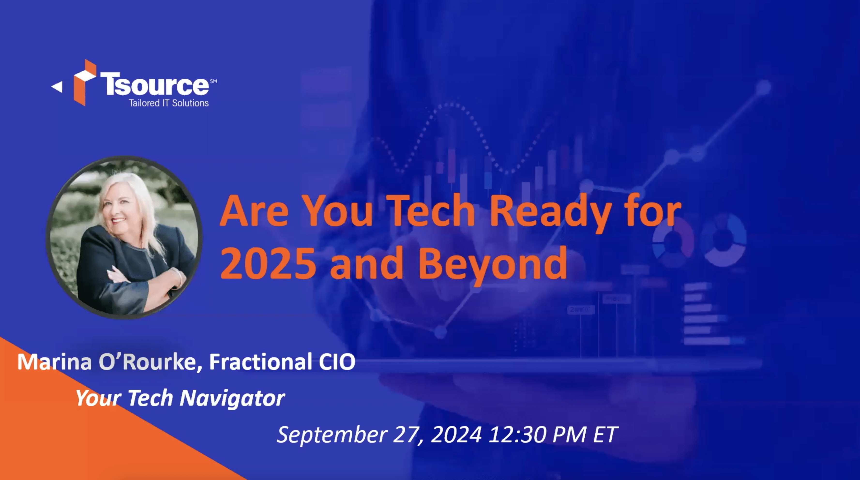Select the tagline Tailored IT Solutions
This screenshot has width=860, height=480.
pyautogui.click(x=169, y=103)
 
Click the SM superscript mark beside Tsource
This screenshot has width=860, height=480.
pyautogui.click(x=213, y=81)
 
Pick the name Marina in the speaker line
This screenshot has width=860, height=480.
pyautogui.click(x=54, y=362)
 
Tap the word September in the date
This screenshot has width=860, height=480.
pyautogui.click(x=332, y=435)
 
